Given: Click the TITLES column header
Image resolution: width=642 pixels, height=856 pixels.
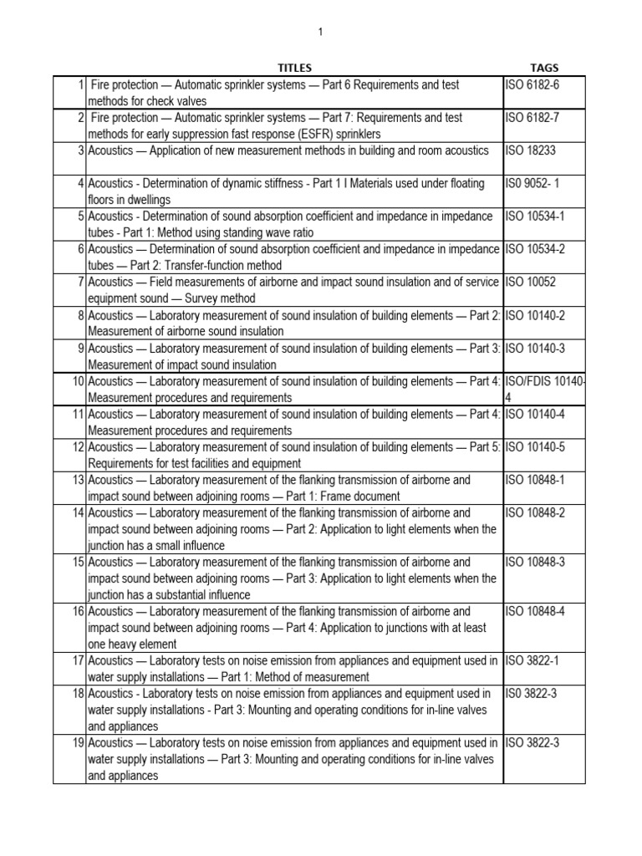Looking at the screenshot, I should (294, 68).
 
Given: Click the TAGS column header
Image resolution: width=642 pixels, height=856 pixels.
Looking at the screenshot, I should (544, 68).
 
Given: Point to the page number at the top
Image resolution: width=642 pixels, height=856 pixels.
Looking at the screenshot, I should (320, 32).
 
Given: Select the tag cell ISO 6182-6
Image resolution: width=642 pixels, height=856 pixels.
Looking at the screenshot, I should (532, 85).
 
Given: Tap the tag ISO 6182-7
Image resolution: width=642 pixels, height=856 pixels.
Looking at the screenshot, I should (532, 118).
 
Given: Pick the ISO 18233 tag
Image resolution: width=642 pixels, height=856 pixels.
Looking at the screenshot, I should (529, 150).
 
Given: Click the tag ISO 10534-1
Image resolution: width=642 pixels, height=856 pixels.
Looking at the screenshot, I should (535, 217).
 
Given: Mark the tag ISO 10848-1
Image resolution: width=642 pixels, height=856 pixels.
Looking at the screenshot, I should (535, 480).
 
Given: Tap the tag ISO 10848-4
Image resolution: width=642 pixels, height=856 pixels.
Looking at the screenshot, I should (535, 611).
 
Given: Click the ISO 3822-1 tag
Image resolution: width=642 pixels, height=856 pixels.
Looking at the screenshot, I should (532, 660).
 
